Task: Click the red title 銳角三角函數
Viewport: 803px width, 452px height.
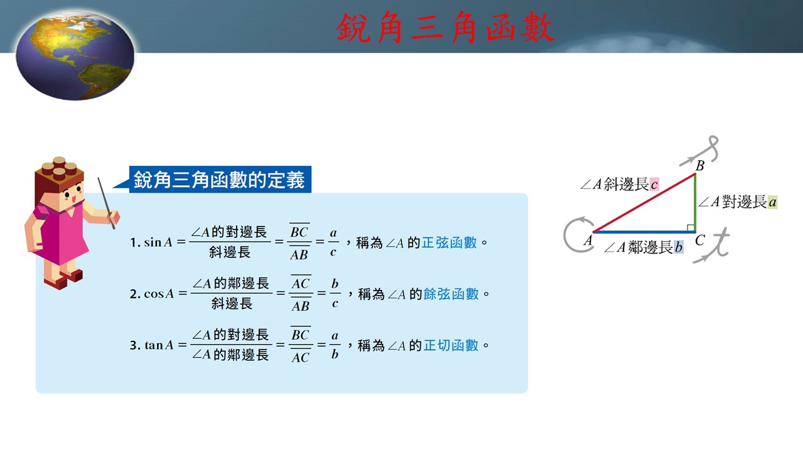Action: tap(445, 28)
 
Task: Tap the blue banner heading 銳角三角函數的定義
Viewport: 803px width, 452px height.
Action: tap(219, 180)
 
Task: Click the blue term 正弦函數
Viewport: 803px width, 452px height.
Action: tap(449, 243)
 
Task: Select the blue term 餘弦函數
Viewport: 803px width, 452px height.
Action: tap(451, 294)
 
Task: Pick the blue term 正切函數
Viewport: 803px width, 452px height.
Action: tap(451, 345)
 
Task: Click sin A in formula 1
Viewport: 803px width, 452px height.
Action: tap(158, 242)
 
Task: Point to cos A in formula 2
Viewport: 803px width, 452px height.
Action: tap(159, 294)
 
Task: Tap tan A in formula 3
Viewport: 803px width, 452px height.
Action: tap(159, 345)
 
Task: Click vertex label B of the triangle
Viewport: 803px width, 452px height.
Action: tap(699, 166)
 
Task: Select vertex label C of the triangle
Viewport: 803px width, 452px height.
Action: tap(700, 240)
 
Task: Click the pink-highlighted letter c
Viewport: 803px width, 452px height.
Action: tap(654, 185)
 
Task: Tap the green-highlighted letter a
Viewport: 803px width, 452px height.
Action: tap(772, 202)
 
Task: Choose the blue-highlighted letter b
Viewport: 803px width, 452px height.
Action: tap(679, 247)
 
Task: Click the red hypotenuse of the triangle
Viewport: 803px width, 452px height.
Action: tap(644, 203)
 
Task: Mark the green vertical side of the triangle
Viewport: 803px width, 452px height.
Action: tap(695, 203)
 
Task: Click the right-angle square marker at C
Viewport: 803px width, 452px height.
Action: tap(691, 228)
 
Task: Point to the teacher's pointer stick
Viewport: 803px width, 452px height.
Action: tap(107, 203)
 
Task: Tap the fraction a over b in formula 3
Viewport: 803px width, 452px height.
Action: tap(334, 345)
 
